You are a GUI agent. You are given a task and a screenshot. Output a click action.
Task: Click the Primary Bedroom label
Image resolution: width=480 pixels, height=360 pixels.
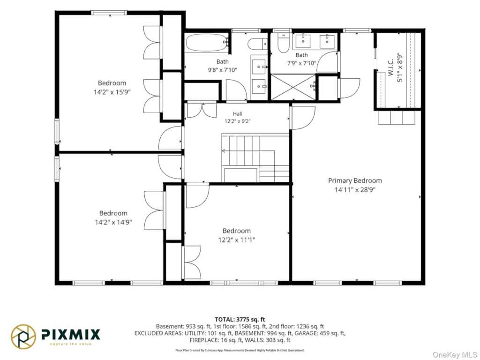(x=355, y=180)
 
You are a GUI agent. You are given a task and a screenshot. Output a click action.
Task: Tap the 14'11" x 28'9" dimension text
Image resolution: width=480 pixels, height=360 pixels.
(x=355, y=190)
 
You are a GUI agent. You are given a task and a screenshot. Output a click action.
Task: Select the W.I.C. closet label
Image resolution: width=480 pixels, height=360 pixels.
(x=390, y=68)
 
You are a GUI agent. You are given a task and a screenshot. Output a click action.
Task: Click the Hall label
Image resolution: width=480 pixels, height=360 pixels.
(x=237, y=114)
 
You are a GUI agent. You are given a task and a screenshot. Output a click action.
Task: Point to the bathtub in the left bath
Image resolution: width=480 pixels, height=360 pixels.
(x=207, y=43)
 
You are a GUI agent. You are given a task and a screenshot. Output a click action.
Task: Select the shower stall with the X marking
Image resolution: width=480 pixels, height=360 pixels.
(x=293, y=87)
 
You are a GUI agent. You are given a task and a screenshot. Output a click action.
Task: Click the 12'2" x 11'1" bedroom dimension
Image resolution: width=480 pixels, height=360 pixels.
(x=236, y=240)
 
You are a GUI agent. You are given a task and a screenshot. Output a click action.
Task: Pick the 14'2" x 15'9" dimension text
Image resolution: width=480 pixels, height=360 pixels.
(x=112, y=92)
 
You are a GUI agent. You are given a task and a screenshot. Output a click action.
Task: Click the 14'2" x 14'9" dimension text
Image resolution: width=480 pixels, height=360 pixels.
(x=113, y=222)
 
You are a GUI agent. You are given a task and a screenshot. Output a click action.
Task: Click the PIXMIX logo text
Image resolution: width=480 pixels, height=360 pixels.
(x=71, y=334)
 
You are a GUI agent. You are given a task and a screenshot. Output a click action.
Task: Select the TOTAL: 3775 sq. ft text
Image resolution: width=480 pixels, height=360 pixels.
(x=240, y=320)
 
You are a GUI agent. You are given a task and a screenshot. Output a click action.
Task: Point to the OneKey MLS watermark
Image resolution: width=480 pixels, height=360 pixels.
(x=455, y=354)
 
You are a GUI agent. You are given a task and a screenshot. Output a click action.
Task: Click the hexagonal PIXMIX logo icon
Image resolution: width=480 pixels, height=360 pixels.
(x=23, y=337)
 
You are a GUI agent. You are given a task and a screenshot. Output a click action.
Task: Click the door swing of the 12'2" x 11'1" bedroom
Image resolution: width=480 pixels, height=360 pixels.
(x=198, y=195)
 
